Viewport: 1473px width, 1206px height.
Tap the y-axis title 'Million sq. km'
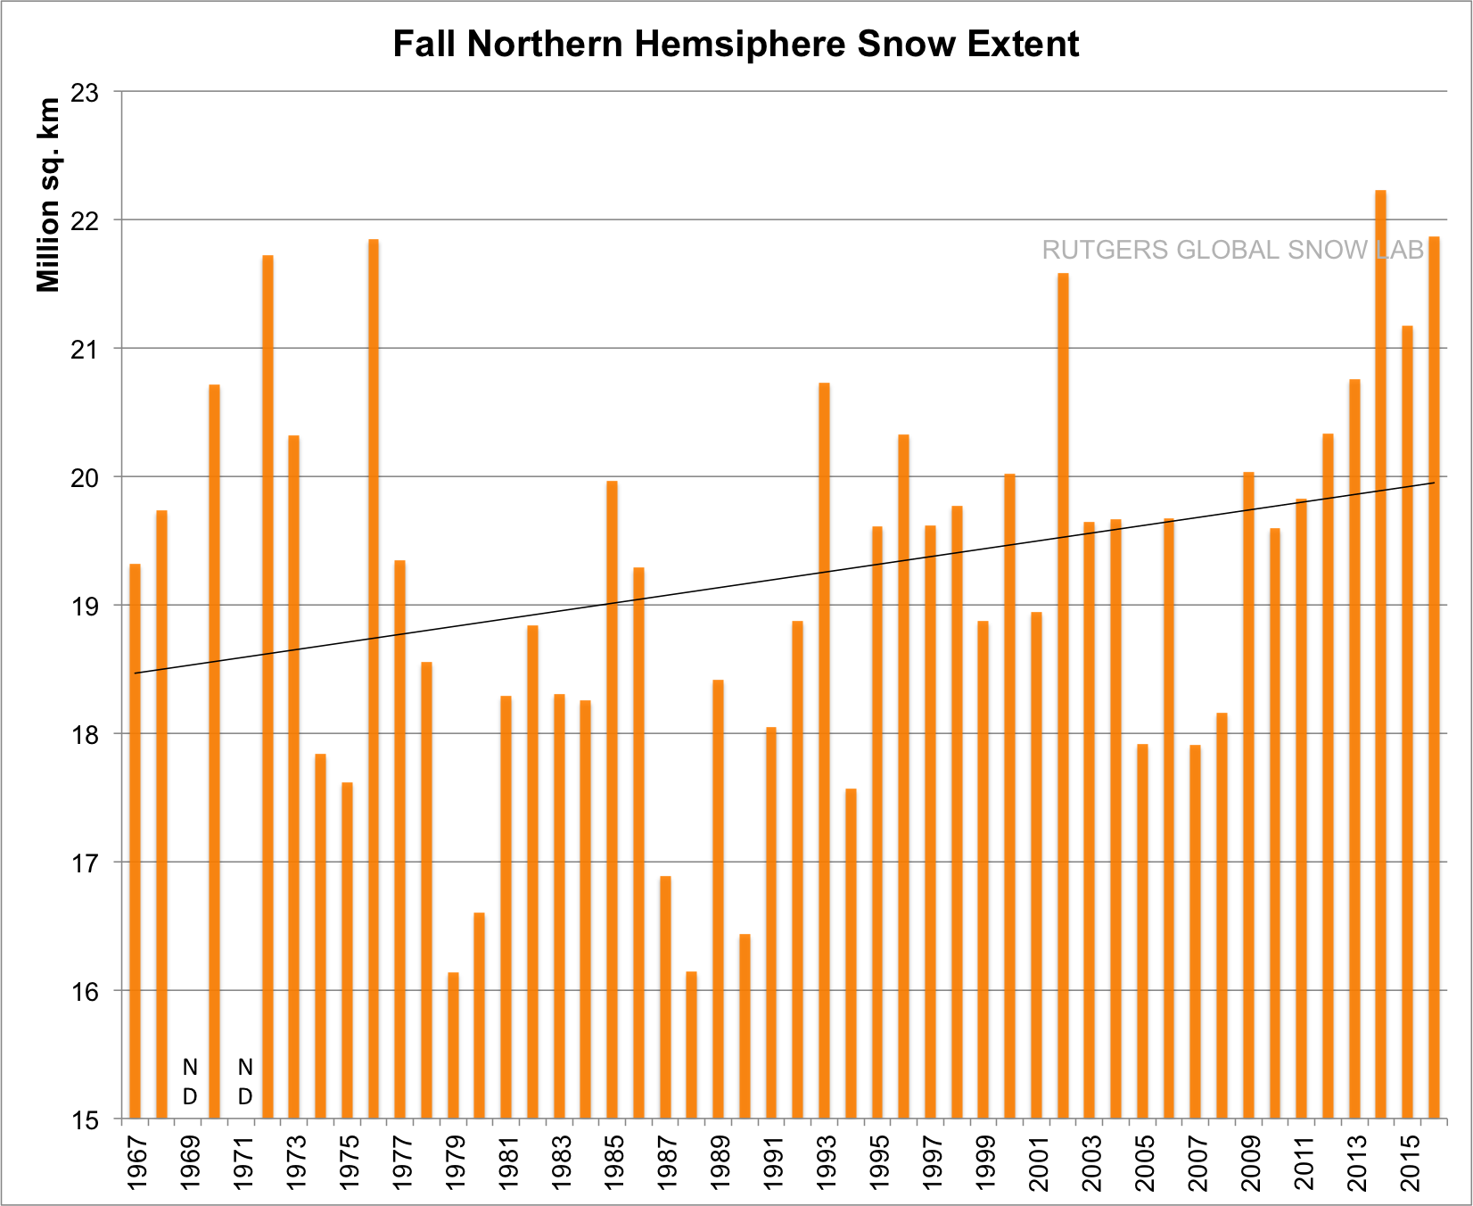point(49,194)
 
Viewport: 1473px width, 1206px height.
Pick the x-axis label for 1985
point(613,1161)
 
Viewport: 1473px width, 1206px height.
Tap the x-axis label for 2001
point(1037,1161)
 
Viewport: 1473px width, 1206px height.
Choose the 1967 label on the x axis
point(136,1161)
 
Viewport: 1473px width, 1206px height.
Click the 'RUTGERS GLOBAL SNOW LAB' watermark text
point(1232,251)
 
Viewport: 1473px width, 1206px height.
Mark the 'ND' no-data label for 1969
point(189,1081)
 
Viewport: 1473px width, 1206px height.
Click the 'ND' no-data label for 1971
point(245,1081)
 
